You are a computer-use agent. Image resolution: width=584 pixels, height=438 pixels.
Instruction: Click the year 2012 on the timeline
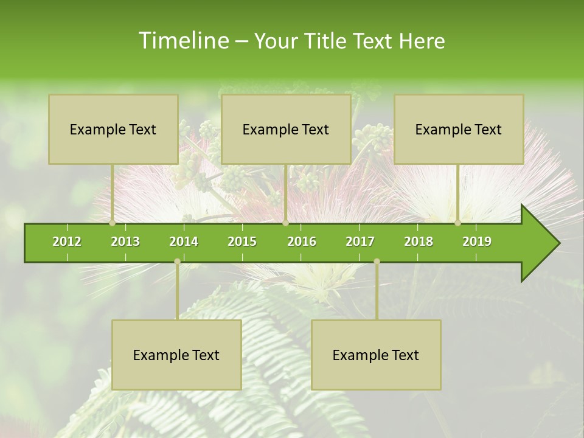point(67,242)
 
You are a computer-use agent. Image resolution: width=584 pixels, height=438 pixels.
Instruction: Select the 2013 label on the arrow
point(125,242)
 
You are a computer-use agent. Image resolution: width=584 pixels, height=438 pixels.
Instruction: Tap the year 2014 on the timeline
point(184,242)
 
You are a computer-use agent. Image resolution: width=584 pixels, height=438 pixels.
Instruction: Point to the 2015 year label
point(242,242)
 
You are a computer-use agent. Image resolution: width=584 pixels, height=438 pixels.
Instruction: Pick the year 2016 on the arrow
point(302,242)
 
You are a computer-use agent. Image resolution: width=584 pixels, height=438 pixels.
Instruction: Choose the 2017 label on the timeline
point(360,242)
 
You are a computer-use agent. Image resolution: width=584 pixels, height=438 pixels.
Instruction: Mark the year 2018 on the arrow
point(419,242)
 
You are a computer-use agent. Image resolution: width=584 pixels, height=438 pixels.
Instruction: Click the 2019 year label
point(477,242)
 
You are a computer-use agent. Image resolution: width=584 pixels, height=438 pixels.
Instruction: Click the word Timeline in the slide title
point(183,41)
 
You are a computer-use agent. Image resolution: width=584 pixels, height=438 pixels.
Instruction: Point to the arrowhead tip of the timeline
point(558,243)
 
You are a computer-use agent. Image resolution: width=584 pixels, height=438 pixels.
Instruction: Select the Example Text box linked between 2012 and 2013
point(113,130)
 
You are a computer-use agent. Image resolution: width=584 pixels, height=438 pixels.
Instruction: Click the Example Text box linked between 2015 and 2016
point(286,130)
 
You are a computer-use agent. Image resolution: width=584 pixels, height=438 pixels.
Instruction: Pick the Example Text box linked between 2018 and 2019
point(459,130)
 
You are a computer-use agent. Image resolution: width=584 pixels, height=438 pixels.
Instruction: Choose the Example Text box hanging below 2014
point(176,355)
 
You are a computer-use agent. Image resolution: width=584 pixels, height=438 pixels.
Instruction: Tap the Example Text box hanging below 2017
point(376,355)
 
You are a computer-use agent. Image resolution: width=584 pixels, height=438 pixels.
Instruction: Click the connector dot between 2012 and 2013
point(113,223)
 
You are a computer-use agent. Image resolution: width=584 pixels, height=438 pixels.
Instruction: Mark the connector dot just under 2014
point(177,262)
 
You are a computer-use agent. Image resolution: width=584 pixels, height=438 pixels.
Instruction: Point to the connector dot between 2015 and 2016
point(285,223)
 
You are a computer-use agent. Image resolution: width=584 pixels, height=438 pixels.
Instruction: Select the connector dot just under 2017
point(377,262)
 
